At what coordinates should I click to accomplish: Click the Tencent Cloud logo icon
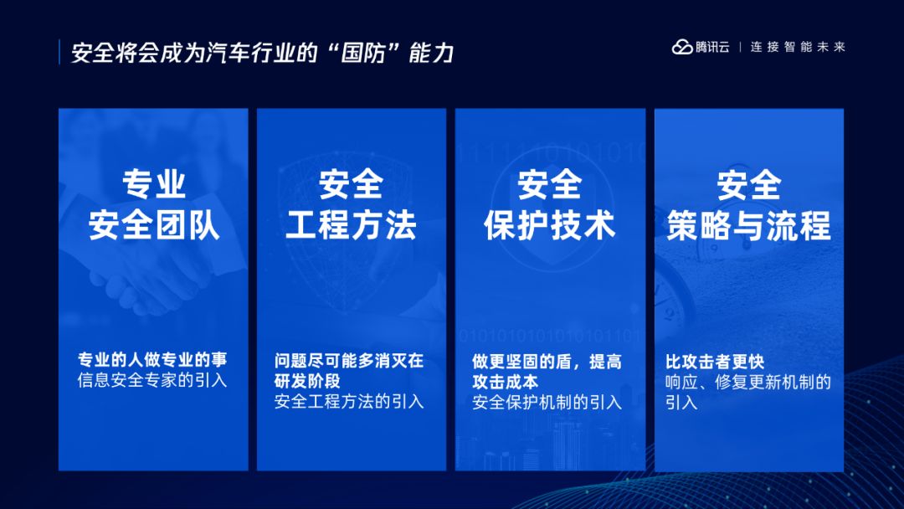[682, 47]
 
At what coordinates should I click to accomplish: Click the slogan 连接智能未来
[798, 47]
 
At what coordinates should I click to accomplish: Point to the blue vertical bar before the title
[59, 52]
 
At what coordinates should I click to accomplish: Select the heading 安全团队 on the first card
[154, 225]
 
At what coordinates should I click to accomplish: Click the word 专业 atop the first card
[154, 184]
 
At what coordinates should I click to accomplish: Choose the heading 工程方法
[351, 225]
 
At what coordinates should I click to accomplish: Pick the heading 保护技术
[550, 225]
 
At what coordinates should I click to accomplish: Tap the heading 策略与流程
[749, 225]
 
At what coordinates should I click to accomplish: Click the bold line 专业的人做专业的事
[153, 360]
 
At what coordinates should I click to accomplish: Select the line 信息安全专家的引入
[153, 380]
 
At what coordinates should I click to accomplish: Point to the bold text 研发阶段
[307, 381]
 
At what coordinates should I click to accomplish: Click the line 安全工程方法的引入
[349, 401]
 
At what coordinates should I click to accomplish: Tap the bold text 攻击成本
[506, 382]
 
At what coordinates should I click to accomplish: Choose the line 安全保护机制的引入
[547, 402]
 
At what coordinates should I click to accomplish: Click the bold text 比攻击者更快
[715, 362]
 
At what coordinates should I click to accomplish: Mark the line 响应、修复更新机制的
[748, 382]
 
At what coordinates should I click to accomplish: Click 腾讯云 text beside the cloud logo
[712, 47]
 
